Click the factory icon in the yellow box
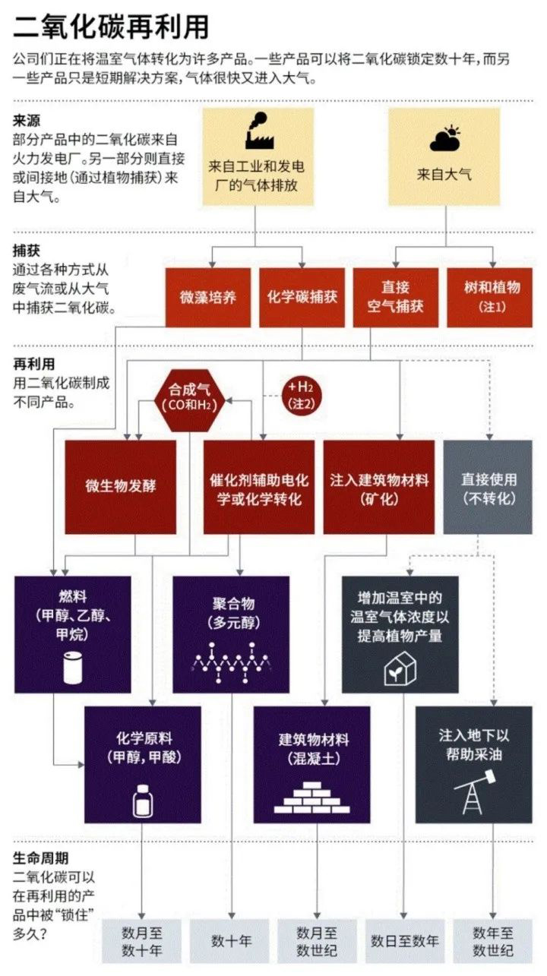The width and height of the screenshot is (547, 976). (259, 131)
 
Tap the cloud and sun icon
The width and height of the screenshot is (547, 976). (444, 138)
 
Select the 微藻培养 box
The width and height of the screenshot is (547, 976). (208, 298)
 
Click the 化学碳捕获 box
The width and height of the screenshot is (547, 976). (302, 298)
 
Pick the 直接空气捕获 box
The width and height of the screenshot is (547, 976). (395, 298)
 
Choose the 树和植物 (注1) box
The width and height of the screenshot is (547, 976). (490, 298)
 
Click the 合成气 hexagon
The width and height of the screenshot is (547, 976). (190, 400)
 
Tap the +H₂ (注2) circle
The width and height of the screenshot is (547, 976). (301, 395)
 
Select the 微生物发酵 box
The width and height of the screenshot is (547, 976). (121, 487)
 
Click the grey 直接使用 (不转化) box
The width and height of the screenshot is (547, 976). (488, 487)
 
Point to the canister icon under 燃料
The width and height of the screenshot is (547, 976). (72, 667)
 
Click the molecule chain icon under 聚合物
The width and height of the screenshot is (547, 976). (232, 662)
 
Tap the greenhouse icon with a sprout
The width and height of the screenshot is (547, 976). (400, 668)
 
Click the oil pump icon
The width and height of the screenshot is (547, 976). (473, 791)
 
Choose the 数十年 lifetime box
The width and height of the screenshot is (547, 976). (232, 941)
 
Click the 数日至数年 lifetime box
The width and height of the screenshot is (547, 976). (404, 941)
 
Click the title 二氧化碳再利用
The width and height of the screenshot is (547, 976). (111, 27)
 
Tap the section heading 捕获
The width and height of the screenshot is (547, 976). (26, 251)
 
